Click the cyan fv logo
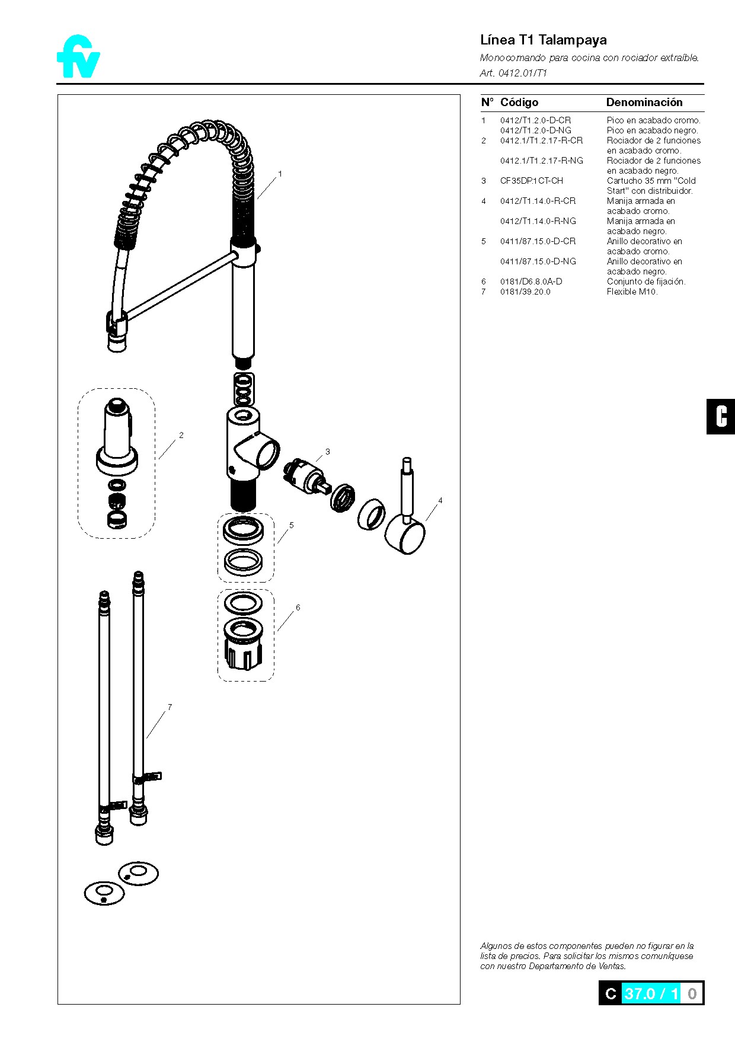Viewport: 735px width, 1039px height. (78, 57)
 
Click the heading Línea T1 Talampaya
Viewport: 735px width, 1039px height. (543, 40)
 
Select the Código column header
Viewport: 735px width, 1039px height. (519, 103)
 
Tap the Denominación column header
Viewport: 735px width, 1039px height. (644, 103)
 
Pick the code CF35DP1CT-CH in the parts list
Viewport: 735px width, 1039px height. (531, 181)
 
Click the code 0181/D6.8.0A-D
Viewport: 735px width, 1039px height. (531, 282)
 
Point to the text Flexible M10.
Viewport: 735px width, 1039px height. (632, 292)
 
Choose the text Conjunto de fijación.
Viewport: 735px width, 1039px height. (645, 282)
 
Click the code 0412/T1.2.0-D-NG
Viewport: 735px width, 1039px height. (535, 130)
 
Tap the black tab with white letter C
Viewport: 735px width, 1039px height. (721, 417)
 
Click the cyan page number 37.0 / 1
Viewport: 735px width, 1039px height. (651, 993)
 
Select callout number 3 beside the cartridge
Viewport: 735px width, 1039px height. (328, 452)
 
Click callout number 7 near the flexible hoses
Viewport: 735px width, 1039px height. (170, 706)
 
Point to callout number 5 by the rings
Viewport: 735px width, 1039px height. (292, 525)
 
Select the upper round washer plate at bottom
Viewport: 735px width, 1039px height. (138, 873)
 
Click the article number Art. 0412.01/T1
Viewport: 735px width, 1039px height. (513, 73)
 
